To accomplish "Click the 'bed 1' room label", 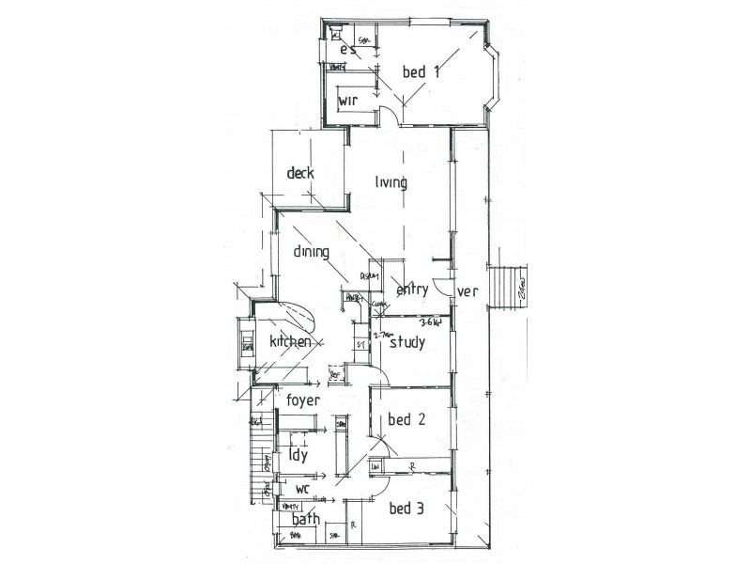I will coord(421,71).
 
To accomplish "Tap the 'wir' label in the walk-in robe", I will coord(349,102).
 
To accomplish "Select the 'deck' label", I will coord(300,173).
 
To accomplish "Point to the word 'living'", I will coord(391,182).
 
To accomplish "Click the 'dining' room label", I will coord(311,252).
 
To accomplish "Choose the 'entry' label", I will coord(412,290).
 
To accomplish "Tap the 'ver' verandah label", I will coord(467,291).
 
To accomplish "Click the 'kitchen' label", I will coord(290,342).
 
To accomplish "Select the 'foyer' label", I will coord(304,399).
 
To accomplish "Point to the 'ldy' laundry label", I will coord(299,457).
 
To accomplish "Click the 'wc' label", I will coord(303,490).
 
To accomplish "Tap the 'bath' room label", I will coord(306,519).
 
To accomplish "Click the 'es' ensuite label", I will coord(348,49).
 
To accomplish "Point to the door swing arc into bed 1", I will coord(387,115).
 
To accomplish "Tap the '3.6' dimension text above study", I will coord(432,321).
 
